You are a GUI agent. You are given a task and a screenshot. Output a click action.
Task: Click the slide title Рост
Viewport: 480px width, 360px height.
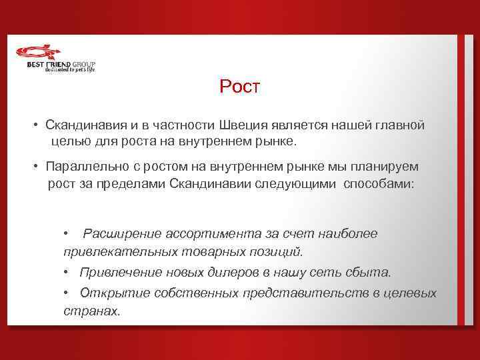[242, 87]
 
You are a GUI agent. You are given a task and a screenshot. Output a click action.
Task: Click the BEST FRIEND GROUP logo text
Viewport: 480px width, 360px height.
[61, 64]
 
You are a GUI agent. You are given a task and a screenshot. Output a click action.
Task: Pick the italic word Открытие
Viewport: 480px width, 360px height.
[113, 293]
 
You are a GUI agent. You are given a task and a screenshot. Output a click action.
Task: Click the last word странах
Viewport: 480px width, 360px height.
[91, 311]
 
